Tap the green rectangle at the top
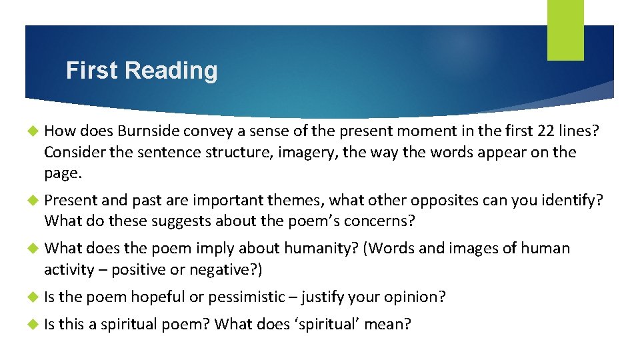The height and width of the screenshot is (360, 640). pos(565,30)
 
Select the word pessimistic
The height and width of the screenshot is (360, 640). pos(251,297)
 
